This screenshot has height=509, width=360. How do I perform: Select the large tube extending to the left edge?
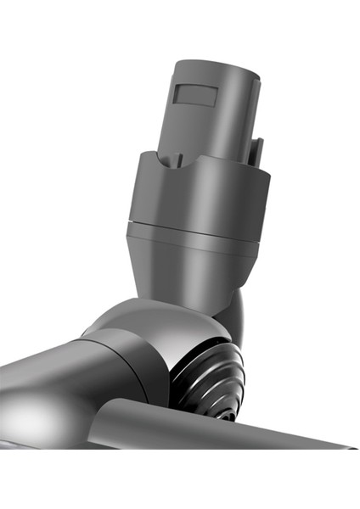(x=42, y=382)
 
